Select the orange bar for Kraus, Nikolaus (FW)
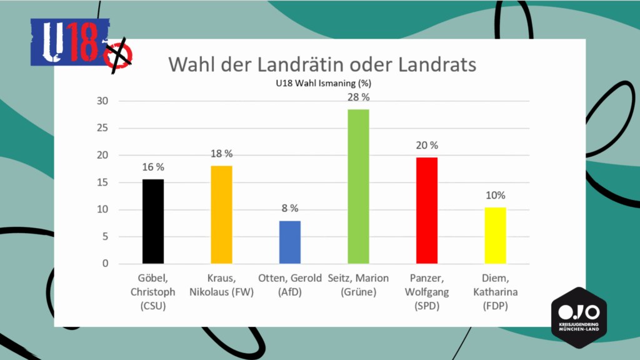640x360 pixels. point(221,214)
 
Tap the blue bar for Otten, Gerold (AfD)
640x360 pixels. point(290,242)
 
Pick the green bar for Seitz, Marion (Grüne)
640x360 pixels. point(359,186)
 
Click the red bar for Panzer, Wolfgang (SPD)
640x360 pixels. point(427,210)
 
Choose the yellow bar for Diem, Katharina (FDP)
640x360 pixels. point(496,235)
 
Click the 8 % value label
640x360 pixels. point(289,208)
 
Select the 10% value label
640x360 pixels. point(496,195)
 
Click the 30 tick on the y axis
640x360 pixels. point(102,101)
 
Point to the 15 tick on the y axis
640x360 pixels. point(102,182)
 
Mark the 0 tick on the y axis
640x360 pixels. point(106,264)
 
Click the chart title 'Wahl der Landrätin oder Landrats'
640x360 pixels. point(321,64)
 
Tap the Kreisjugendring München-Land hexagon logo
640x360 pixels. point(578,315)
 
